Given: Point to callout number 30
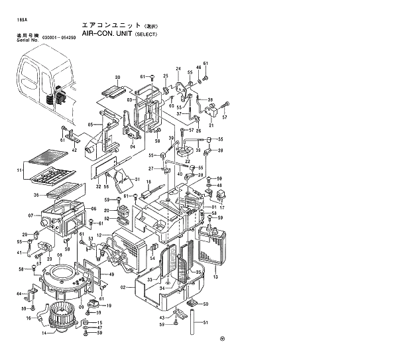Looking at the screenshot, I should coord(117,78).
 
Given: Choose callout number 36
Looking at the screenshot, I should coord(37,194).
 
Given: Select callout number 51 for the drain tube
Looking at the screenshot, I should coord(206,323).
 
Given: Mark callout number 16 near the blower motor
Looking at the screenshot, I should coord(29,318).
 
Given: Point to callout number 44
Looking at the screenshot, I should coord(19,294).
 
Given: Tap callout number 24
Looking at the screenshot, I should coord(178,69).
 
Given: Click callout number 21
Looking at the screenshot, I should coord(212,125).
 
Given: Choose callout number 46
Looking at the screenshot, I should coord(198,68).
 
